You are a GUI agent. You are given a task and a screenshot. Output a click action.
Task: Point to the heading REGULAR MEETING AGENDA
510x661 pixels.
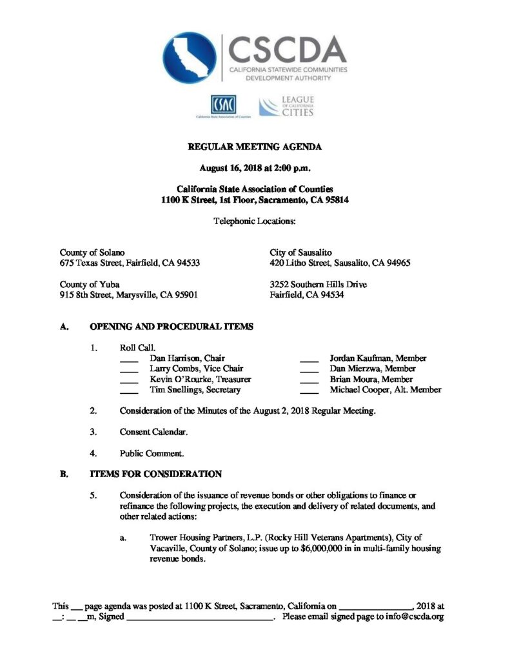click(254, 147)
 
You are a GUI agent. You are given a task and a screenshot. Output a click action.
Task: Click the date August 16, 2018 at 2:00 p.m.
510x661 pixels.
click(255, 168)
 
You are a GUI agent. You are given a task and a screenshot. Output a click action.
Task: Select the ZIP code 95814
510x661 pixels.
click(335, 200)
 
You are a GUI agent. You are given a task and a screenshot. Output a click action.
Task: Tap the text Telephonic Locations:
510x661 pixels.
click(255, 221)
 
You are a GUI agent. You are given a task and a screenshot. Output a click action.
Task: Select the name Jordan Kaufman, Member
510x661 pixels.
click(377, 358)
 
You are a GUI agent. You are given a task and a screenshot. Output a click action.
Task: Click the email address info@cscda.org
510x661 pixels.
click(416, 617)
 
